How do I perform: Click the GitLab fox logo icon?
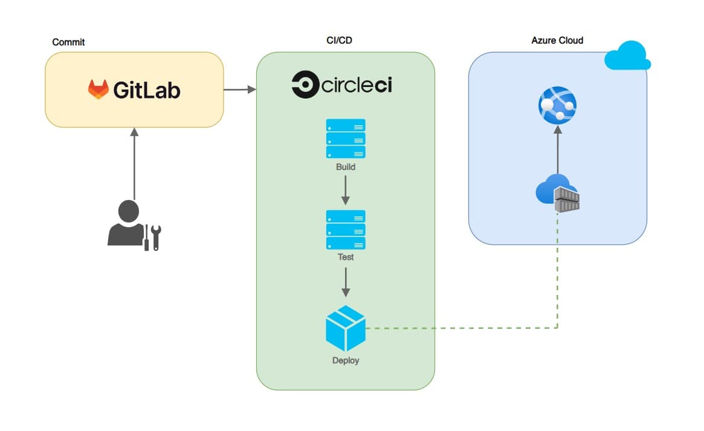(x=98, y=89)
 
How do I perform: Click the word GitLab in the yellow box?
(x=147, y=90)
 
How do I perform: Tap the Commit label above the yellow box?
(x=69, y=42)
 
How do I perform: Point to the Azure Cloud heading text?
(x=557, y=41)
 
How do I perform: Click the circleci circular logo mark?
(x=305, y=85)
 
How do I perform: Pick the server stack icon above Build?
(x=346, y=138)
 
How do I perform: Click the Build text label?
(x=346, y=167)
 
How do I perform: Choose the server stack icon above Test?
(x=346, y=229)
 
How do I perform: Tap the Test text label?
(x=346, y=257)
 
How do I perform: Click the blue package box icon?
(x=346, y=328)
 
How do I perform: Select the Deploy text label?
(x=346, y=361)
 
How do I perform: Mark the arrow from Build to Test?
(x=346, y=191)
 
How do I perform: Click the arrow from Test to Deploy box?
(x=346, y=282)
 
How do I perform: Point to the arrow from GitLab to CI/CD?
(x=239, y=90)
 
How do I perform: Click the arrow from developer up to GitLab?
(x=135, y=163)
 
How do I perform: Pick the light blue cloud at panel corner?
(x=627, y=56)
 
